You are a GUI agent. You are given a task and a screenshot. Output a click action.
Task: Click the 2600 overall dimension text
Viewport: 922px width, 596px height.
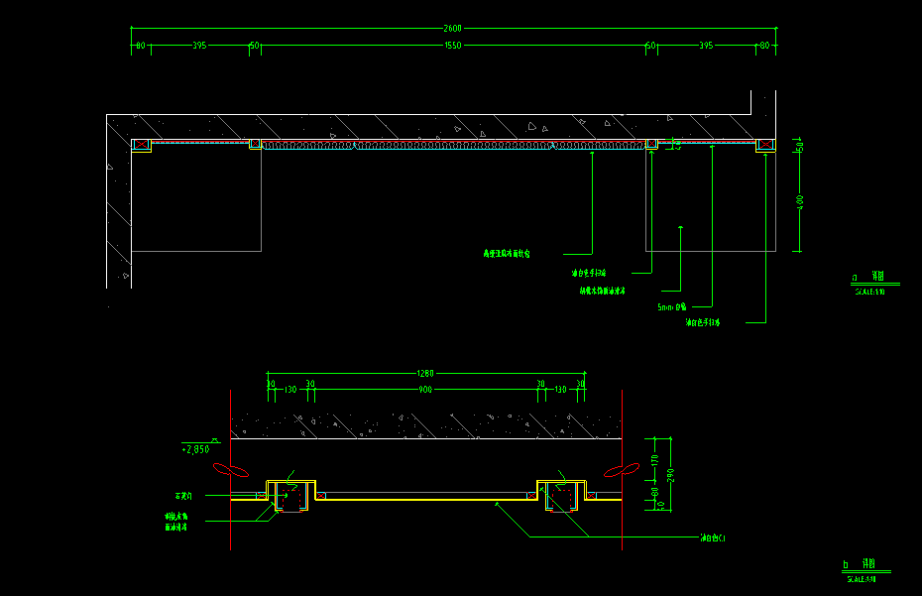452,28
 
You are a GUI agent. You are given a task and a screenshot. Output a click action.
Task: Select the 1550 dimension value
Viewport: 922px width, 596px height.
452,46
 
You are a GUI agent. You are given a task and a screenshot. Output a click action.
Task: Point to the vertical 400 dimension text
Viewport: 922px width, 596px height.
800,201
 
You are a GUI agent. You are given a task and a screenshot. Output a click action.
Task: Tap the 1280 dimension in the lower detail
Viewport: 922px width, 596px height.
424,373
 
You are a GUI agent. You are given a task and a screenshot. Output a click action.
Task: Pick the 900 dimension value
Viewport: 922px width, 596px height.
425,390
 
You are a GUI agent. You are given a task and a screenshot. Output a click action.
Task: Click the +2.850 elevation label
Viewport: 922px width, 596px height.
196,449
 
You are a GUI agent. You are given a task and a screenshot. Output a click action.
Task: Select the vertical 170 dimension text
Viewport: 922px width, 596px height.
654,459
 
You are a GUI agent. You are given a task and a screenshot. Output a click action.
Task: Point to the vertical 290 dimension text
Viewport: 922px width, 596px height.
670,475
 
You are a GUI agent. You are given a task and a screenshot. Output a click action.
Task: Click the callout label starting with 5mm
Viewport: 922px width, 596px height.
671,307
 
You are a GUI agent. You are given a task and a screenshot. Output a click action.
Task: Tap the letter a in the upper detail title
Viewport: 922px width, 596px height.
855,279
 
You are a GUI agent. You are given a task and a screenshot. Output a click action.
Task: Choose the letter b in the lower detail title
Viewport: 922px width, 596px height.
846,564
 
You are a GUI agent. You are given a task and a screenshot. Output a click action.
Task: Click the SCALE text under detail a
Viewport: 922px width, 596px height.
869,293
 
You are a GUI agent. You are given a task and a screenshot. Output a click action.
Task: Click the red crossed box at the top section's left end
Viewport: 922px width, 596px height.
141,145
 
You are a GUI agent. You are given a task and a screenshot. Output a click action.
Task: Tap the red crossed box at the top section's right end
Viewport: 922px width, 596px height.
766,145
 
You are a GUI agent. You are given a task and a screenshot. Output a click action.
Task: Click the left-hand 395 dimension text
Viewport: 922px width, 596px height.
199,46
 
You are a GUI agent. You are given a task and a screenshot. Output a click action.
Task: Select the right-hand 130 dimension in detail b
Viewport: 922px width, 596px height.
561,390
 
